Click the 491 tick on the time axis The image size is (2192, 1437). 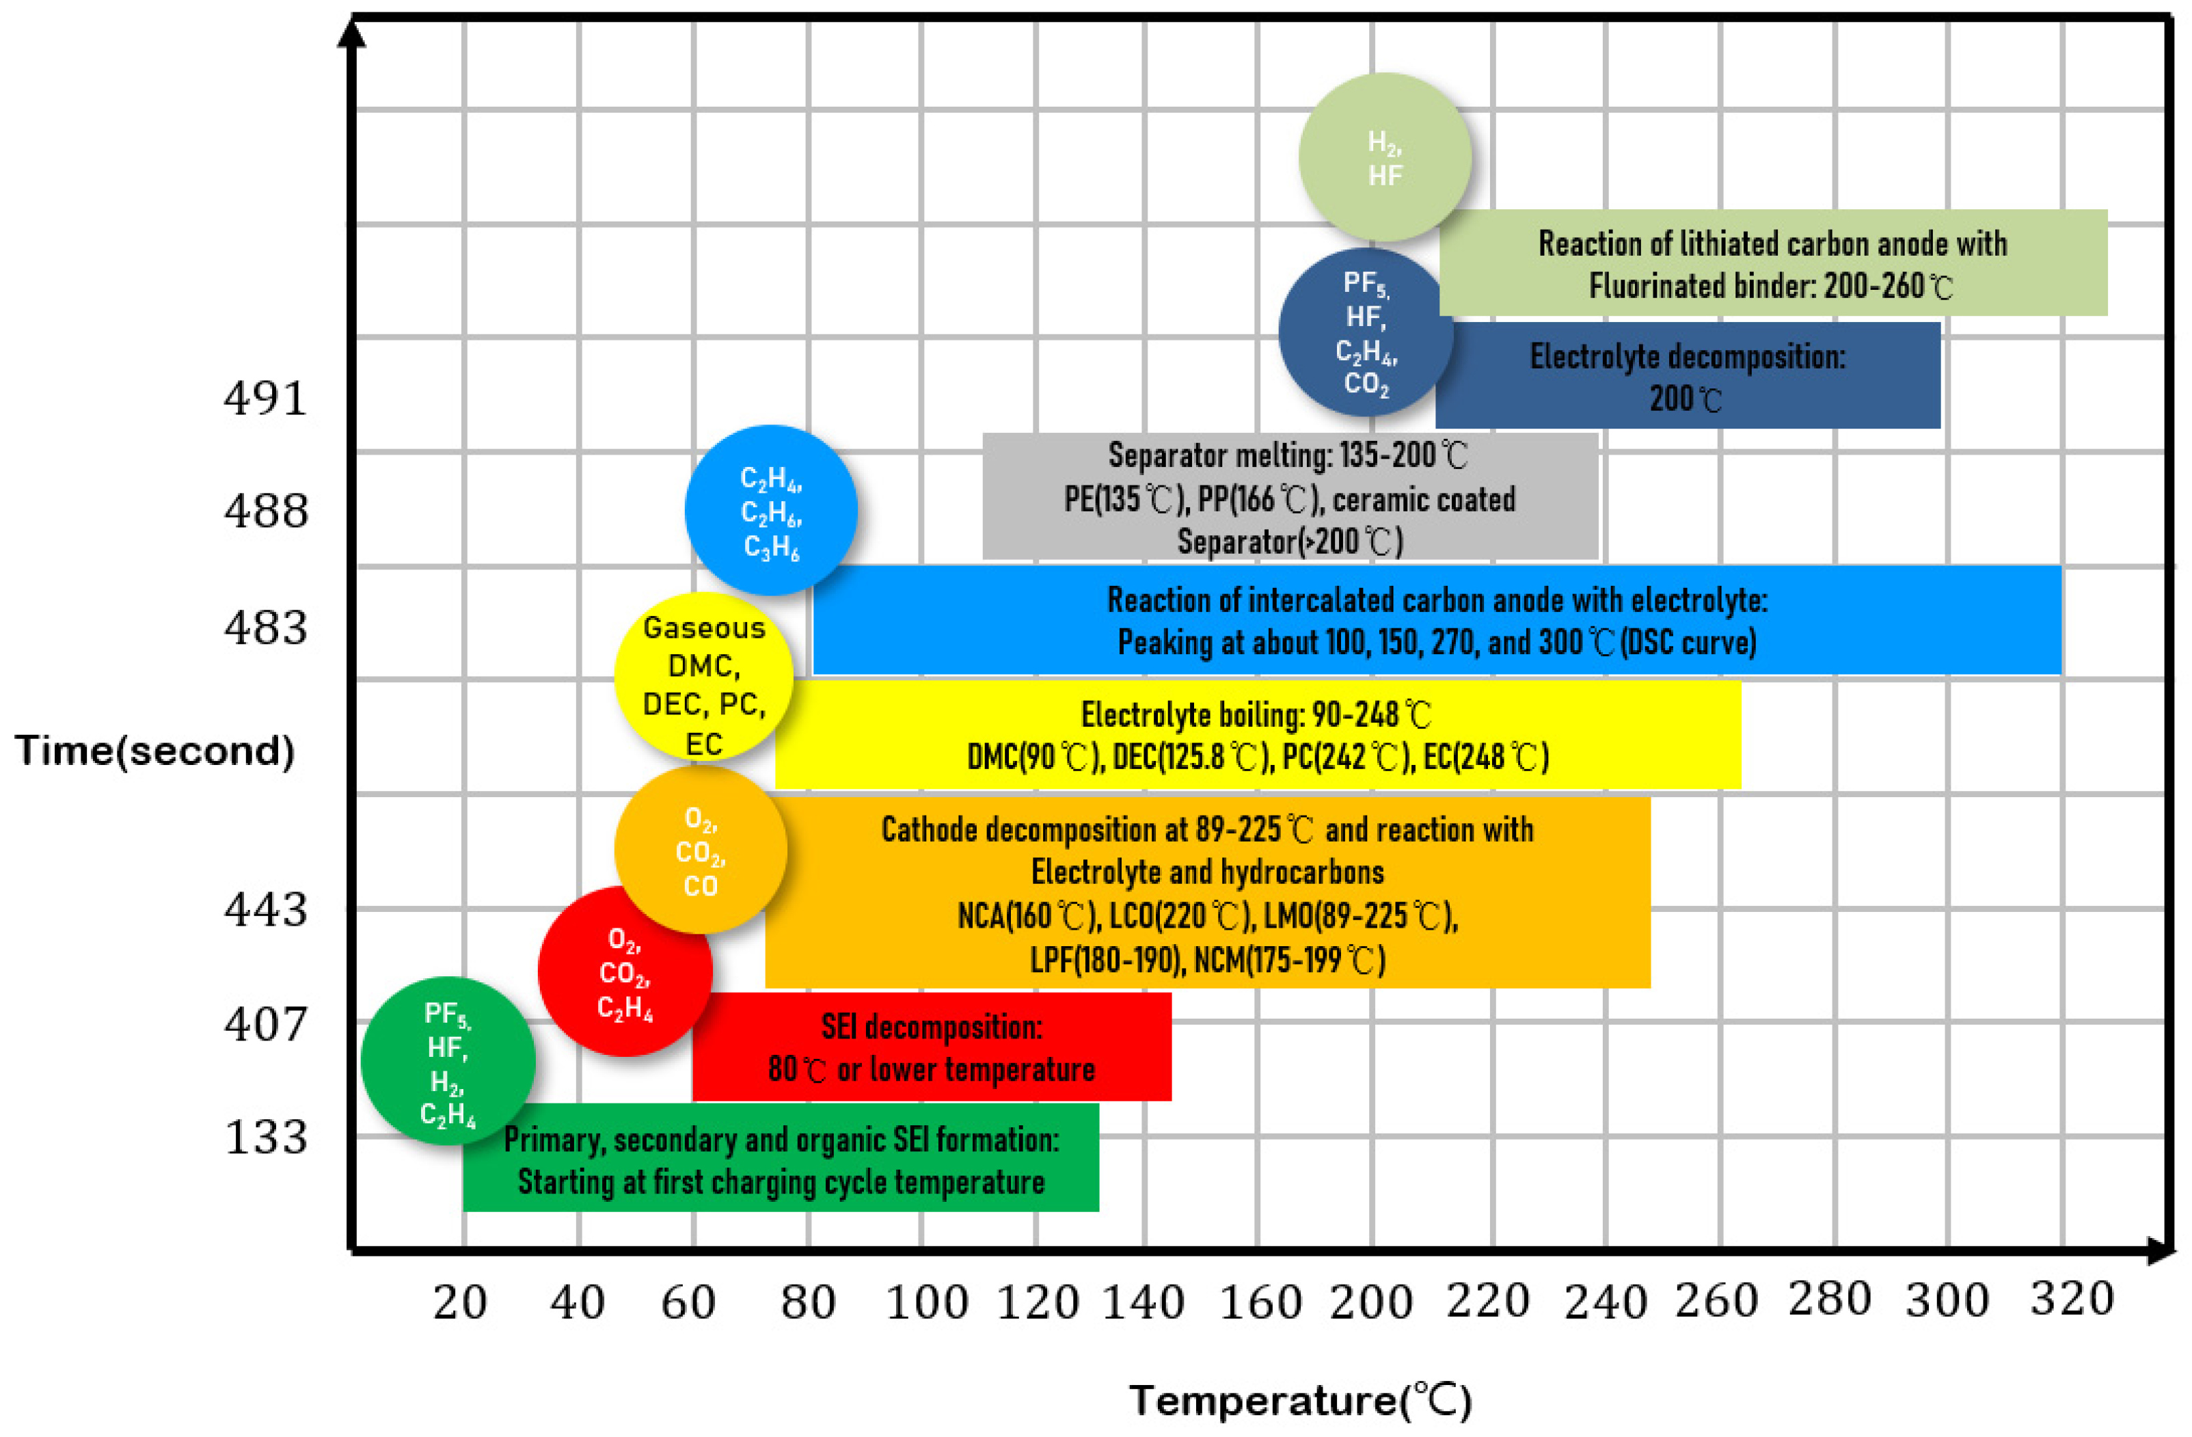pos(265,398)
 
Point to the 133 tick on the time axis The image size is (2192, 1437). pos(265,1137)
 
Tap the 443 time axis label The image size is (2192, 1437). pos(265,909)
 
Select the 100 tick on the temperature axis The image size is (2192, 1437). pos(927,1302)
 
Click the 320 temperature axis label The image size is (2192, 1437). pos(2071,1299)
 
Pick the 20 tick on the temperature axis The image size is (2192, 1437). pos(459,1302)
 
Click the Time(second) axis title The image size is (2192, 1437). pos(154,751)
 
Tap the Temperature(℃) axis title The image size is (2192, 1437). pos(1301,1401)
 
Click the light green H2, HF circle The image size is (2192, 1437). pos(1384,157)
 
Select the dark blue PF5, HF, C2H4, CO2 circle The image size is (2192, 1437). pos(1366,332)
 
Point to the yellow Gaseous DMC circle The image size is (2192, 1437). pos(703,677)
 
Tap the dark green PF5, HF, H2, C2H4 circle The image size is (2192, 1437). pos(448,1061)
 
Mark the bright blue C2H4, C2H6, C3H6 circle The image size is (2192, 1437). pos(771,510)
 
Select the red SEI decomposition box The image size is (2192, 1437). pos(931,1047)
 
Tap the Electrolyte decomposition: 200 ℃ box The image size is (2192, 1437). pos(1688,376)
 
